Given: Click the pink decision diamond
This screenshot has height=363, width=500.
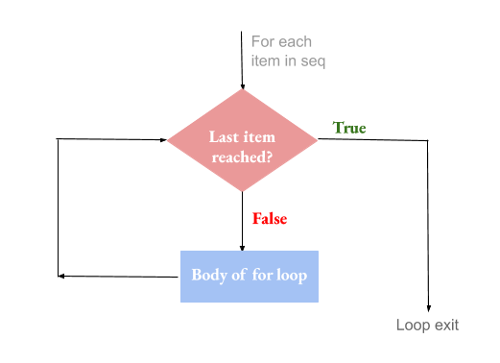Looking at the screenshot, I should (x=243, y=141).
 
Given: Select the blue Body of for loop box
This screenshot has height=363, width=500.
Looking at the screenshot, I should (x=249, y=276).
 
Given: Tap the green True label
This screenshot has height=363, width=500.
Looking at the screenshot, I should (x=349, y=128).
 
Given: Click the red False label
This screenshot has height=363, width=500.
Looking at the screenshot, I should (x=270, y=219).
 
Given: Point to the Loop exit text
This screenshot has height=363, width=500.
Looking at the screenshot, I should (x=427, y=326).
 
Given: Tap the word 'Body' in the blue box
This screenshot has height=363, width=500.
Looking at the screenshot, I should (x=210, y=275).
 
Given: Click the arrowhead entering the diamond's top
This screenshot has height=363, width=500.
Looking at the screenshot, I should (x=243, y=85).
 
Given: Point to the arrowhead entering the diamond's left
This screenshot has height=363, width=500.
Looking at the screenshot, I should (x=164, y=140).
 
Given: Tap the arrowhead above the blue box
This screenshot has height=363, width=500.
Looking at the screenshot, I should (x=243, y=246).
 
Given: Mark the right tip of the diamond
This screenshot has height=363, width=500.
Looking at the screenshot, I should (x=318, y=140).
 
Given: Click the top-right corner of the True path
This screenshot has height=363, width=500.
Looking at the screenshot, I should (x=427, y=141).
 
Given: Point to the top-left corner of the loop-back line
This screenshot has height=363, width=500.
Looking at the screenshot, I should (x=59, y=140).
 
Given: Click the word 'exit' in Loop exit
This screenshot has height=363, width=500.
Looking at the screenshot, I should (x=446, y=326).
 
